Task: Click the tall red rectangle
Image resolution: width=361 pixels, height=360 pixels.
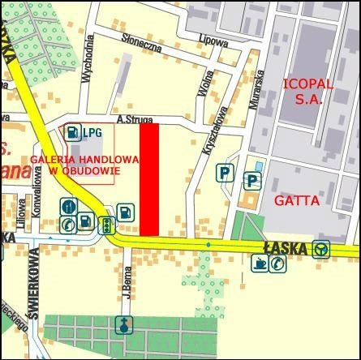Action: click(x=148, y=179)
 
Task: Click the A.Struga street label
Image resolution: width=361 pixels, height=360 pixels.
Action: click(x=134, y=119)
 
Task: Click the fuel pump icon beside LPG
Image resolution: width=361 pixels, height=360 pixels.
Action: click(x=73, y=131)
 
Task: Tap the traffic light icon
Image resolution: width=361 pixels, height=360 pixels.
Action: click(x=105, y=225)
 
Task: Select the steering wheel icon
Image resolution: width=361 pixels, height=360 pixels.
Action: click(x=321, y=248)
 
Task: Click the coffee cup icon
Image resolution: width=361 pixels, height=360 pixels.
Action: click(x=260, y=262)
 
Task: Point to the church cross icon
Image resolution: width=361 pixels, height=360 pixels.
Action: click(x=123, y=325)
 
